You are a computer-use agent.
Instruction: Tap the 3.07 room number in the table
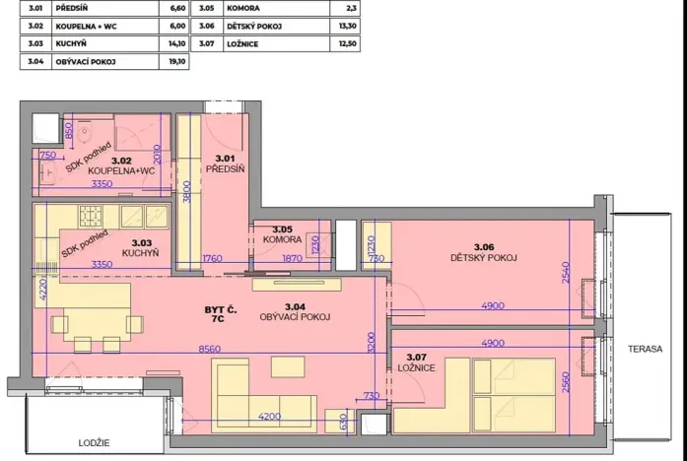tap(208, 43)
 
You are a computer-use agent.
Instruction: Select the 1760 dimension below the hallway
tap(214, 259)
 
